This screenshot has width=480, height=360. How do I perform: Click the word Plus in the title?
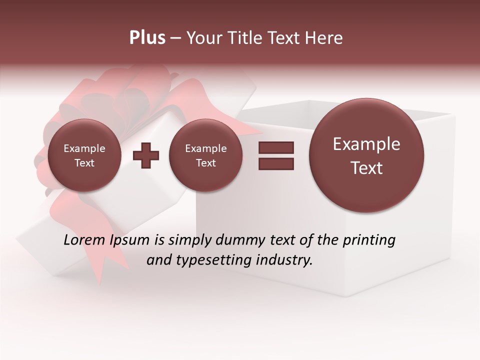147,38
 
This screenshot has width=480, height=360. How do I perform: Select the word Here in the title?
325,38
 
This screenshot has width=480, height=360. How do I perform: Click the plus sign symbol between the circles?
146,155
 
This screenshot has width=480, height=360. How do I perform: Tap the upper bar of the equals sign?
276,147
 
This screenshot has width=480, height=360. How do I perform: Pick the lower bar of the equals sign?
276,163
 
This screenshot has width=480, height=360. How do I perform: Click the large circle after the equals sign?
366,155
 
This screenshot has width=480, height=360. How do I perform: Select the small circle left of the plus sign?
84,155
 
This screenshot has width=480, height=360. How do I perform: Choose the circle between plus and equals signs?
205,155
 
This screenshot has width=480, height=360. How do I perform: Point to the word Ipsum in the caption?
130,240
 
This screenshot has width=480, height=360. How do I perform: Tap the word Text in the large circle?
366,168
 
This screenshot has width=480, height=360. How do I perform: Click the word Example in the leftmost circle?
84,148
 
